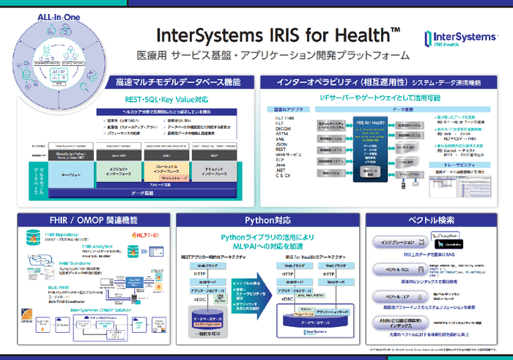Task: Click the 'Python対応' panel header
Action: coord(256,219)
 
